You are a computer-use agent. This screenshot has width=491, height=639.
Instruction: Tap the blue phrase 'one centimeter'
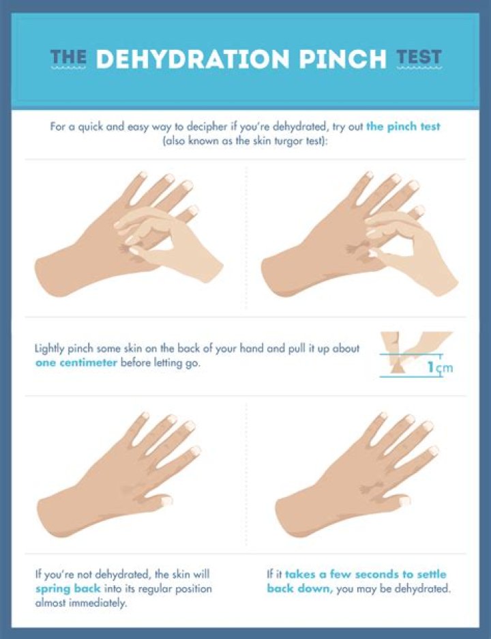coord(76,363)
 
